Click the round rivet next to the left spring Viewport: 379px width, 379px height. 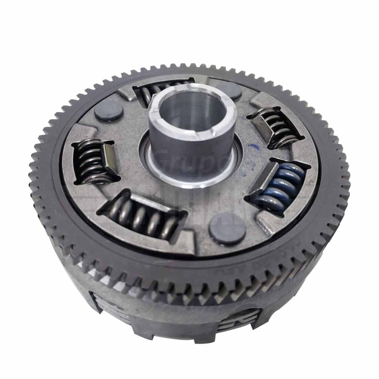[108, 111]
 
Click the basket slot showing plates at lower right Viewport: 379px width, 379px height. [239, 320]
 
